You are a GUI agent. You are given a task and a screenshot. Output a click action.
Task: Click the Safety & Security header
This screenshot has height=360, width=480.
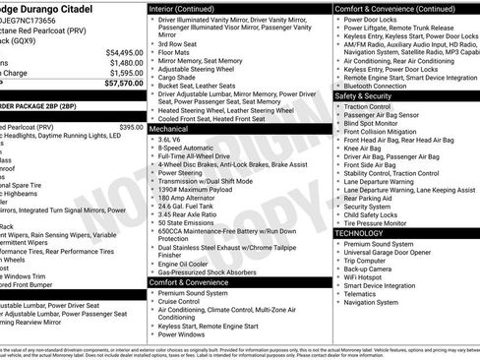coord(363,96)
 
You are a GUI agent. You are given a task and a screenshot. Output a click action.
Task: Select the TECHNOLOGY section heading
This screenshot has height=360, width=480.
coord(359,233)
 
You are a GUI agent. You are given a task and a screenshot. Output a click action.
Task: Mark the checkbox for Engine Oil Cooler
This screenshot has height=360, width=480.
coord(152,264)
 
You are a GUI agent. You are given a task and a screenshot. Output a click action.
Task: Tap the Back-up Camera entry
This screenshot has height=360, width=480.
coord(375,268)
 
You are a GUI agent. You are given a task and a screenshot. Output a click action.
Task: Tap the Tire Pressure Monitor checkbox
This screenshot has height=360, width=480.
coord(338,223)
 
